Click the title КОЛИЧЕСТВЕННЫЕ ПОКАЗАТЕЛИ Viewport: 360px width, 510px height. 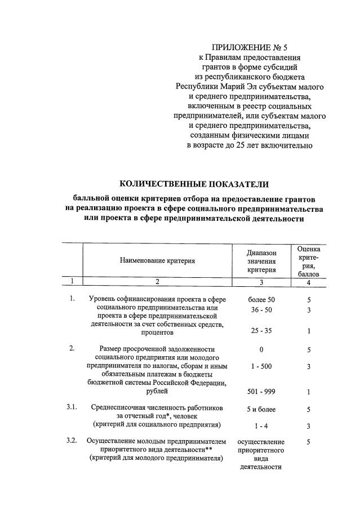click(194, 184)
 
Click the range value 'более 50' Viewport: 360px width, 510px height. click(261, 299)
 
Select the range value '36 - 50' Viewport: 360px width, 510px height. click(261, 311)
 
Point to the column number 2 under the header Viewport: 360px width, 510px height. click(157, 282)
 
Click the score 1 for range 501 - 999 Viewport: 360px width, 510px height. click(309, 392)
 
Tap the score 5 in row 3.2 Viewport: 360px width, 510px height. click(309, 442)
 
